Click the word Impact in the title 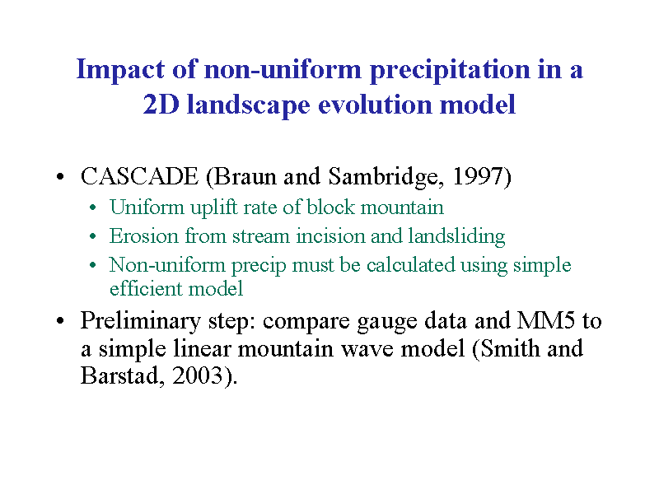[120, 70]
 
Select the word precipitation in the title [450, 70]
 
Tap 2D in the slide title [161, 105]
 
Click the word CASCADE [139, 176]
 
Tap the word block [330, 207]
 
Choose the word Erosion [144, 236]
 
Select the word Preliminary [141, 321]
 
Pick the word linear [202, 348]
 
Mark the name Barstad [119, 375]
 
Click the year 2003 [197, 375]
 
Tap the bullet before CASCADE [60, 176]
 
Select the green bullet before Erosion [93, 236]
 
